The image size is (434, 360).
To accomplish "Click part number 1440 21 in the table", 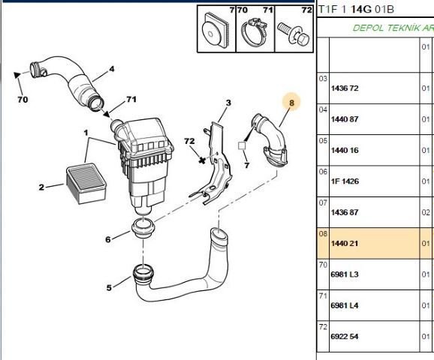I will click(x=345, y=244).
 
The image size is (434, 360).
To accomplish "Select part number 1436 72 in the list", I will click(x=345, y=88).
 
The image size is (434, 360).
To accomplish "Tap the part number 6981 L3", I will click(x=345, y=274).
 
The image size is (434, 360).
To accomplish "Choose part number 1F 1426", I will click(x=345, y=181).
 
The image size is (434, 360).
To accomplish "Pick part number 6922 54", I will click(x=345, y=337).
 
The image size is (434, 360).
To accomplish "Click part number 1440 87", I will click(x=345, y=119).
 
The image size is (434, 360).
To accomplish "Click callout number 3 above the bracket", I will click(x=228, y=103).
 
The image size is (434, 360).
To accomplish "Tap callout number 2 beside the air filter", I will click(x=41, y=187).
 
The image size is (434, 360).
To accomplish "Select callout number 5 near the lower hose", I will click(x=109, y=287).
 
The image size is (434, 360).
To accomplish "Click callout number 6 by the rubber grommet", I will click(x=108, y=239).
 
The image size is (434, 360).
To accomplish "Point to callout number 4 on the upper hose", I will click(x=111, y=69).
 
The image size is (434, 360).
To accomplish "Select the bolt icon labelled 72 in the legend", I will click(x=290, y=31).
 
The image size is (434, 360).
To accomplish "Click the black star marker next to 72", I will click(x=201, y=160).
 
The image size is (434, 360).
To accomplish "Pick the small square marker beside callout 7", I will click(x=242, y=147).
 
